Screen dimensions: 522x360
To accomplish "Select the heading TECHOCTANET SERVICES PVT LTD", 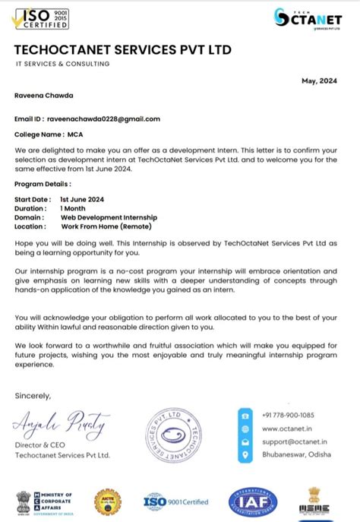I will coord(122,50).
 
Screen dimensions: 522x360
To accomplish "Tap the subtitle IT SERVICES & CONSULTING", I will coord(62,64).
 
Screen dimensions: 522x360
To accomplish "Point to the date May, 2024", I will coord(318,81).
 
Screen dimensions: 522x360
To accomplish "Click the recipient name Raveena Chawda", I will coord(45,96).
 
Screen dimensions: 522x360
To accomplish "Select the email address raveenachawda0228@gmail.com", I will coord(103,119).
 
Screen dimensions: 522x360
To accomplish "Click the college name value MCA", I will coord(75,134).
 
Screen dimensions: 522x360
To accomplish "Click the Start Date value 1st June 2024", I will coord(82,199).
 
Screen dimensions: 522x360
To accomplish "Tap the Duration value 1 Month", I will coord(73,208).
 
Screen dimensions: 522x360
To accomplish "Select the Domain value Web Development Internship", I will coord(108,217).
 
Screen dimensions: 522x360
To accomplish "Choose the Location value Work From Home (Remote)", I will coord(106,226).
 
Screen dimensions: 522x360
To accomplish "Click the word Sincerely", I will coord(33,395).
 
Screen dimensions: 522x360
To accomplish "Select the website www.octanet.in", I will coord(283,429).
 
